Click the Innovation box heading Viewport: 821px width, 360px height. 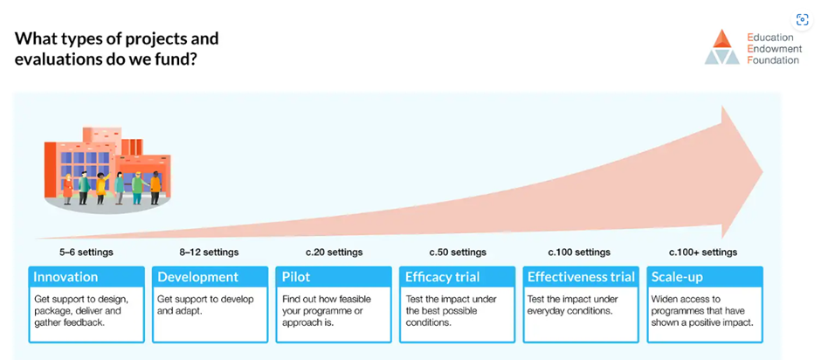click(x=66, y=277)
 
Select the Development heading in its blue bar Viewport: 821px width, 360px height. click(x=198, y=277)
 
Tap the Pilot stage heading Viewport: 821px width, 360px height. click(x=296, y=277)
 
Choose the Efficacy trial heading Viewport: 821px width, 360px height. click(x=442, y=277)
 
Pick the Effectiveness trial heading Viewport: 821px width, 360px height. click(x=581, y=277)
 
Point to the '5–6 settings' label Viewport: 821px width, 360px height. click(x=86, y=253)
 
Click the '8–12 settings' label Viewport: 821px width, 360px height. click(x=209, y=253)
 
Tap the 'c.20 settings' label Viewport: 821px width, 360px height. click(x=334, y=253)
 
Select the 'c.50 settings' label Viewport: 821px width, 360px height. click(x=458, y=253)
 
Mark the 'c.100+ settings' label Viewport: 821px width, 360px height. click(x=703, y=253)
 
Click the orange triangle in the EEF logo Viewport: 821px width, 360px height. click(x=722, y=38)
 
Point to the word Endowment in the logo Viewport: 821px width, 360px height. click(x=775, y=49)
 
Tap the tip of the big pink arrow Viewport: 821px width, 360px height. click(x=762, y=172)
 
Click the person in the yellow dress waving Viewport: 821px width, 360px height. click(x=101, y=189)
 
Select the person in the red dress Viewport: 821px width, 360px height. click(x=67, y=189)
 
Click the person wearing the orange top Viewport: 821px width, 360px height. click(x=155, y=188)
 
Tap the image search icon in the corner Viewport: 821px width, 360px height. click(x=802, y=20)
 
